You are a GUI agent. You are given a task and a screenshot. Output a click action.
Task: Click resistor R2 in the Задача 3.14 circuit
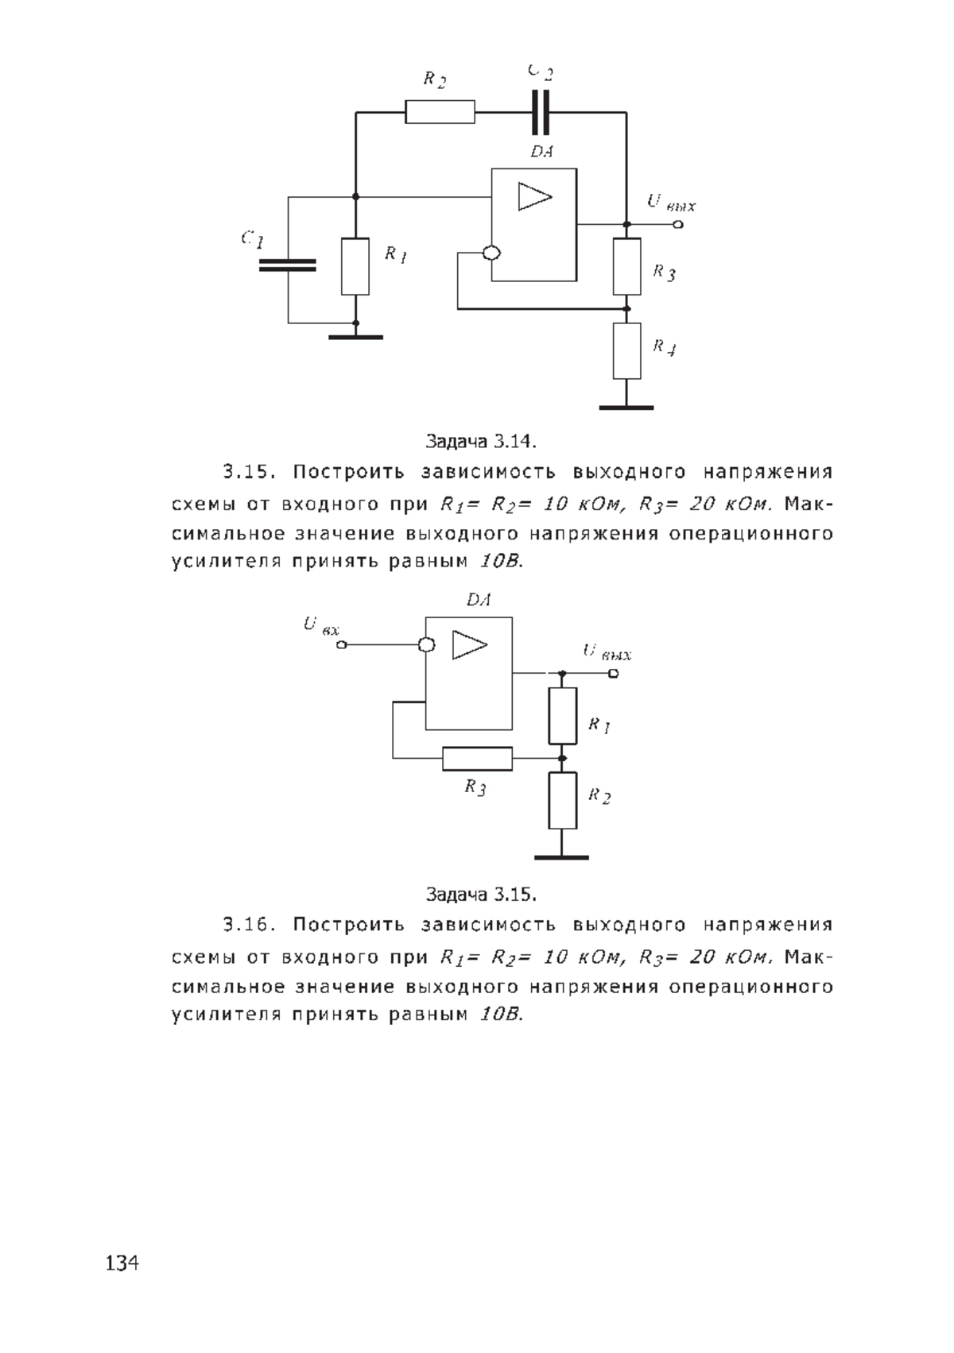(x=440, y=112)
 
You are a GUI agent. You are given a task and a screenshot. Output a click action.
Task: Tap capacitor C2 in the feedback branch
(x=541, y=112)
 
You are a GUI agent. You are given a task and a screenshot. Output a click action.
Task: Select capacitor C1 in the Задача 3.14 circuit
(x=287, y=265)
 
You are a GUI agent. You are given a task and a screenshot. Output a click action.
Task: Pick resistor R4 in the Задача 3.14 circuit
(x=627, y=351)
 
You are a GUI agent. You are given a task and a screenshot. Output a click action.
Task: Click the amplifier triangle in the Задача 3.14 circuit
(x=534, y=196)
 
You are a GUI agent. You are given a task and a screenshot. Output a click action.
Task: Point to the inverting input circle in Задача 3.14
(x=492, y=253)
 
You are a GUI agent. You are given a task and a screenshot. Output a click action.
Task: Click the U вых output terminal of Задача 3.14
(x=678, y=225)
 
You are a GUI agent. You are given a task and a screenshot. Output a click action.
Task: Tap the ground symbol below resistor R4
(x=626, y=408)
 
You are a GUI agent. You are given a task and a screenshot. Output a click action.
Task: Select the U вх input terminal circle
(x=341, y=645)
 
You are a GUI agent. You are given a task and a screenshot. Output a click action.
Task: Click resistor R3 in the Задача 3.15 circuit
(x=477, y=759)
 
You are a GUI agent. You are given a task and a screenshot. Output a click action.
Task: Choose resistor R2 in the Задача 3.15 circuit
(x=562, y=800)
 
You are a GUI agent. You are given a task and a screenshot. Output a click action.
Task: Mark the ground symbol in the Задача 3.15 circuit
(x=561, y=857)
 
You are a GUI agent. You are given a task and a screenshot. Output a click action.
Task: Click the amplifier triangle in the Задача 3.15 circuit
(x=469, y=645)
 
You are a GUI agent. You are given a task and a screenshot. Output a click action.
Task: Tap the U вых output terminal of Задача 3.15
(x=614, y=674)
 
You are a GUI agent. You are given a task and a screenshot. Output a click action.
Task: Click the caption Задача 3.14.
(x=481, y=442)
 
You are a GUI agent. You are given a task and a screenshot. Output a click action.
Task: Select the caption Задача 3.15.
(x=481, y=894)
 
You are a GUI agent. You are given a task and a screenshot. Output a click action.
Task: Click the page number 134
(x=122, y=1263)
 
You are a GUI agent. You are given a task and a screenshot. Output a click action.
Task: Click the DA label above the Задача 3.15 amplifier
(x=479, y=600)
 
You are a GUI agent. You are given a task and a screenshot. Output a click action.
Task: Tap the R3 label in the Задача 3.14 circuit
(x=664, y=273)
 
